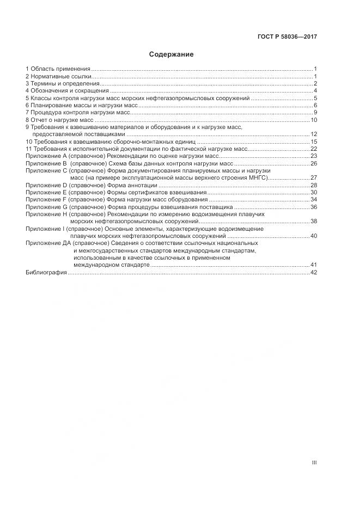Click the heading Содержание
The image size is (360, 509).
point(171,55)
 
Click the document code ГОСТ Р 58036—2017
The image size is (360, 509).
point(287,36)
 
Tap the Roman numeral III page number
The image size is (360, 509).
point(314,463)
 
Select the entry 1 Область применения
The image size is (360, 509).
point(58,69)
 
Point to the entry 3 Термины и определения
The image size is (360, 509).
point(62,83)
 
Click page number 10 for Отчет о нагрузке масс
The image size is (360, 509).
point(314,120)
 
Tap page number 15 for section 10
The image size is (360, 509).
point(314,142)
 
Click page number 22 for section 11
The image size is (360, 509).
point(314,149)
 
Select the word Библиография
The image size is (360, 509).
point(46,272)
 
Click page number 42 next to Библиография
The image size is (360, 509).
point(314,272)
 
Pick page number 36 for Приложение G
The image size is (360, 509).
point(314,207)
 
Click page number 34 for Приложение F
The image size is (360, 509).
point(314,200)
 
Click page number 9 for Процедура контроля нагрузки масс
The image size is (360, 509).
point(315,112)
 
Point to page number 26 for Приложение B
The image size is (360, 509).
point(314,163)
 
